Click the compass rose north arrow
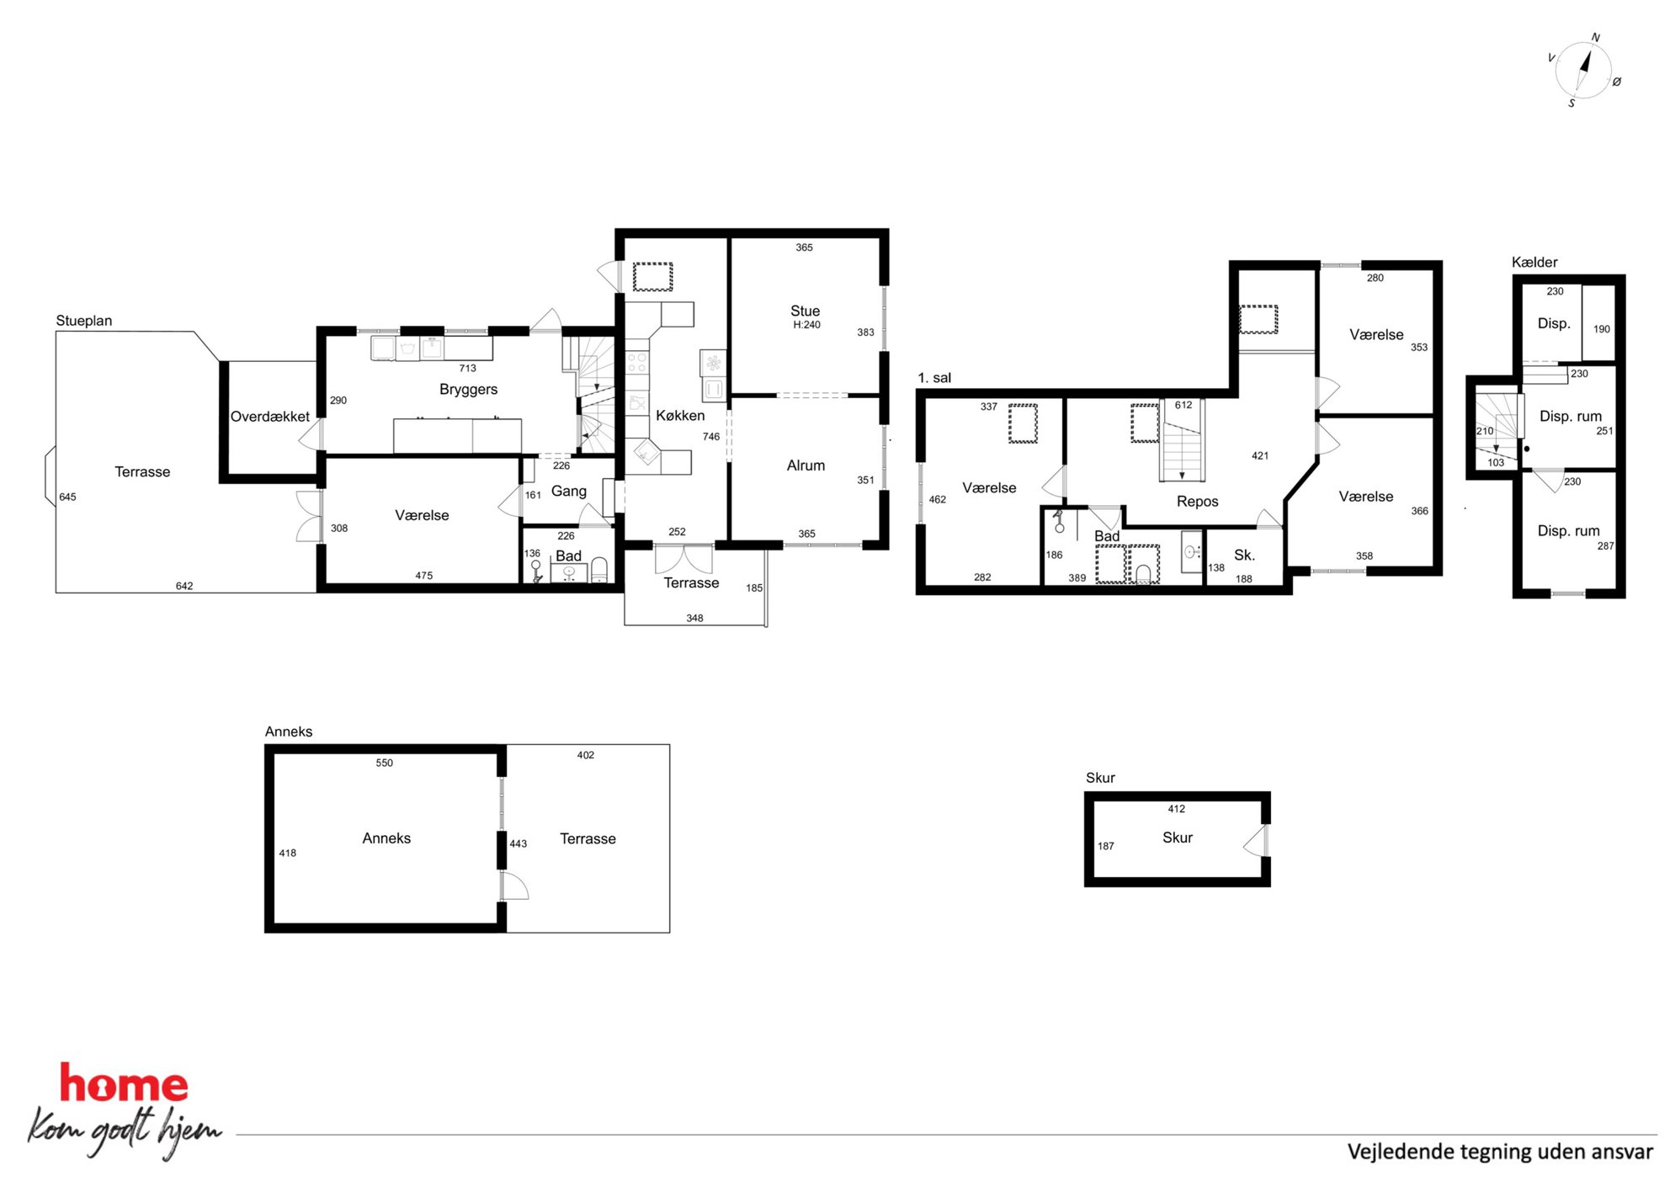click(x=1585, y=63)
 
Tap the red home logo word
click(x=124, y=1083)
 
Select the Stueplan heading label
click(x=84, y=321)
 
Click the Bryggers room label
click(x=468, y=389)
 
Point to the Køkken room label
click(x=680, y=415)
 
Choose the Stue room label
click(x=805, y=311)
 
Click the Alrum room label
click(x=806, y=465)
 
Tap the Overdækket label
click(x=270, y=417)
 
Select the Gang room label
click(x=568, y=491)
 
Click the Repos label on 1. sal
click(x=1197, y=502)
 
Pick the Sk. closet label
click(x=1244, y=555)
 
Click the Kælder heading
click(x=1534, y=262)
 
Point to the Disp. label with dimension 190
click(x=1554, y=324)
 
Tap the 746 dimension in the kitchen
click(x=711, y=437)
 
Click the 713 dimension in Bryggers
click(x=468, y=368)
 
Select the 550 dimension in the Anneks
click(x=384, y=763)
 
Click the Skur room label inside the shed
click(x=1177, y=838)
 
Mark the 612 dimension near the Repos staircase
click(x=1183, y=405)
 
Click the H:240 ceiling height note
click(x=806, y=325)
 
